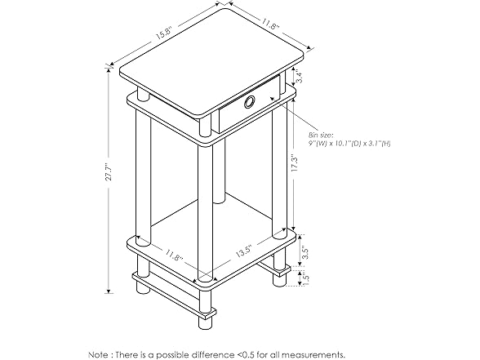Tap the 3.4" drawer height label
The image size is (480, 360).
pos(300,79)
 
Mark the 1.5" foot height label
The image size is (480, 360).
pos(304,278)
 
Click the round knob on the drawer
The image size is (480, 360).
pos(248,101)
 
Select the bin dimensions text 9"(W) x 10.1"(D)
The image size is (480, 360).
pos(335,144)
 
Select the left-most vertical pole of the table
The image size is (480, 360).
pos(142,176)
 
